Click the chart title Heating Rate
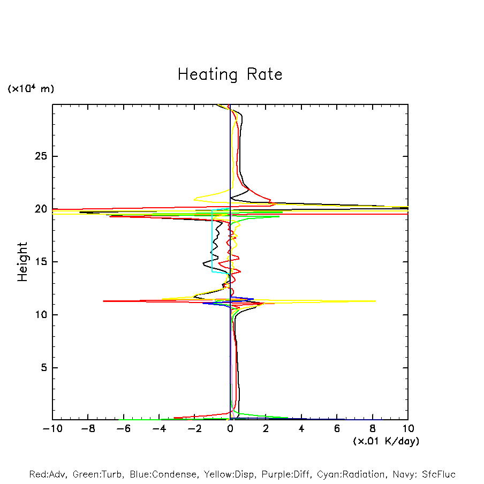(x=230, y=74)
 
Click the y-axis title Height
(x=22, y=262)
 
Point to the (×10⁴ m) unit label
(x=31, y=89)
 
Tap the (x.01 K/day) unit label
(x=386, y=441)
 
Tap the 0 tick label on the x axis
(x=230, y=429)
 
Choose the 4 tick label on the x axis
(x=301, y=429)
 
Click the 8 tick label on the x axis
(x=373, y=429)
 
